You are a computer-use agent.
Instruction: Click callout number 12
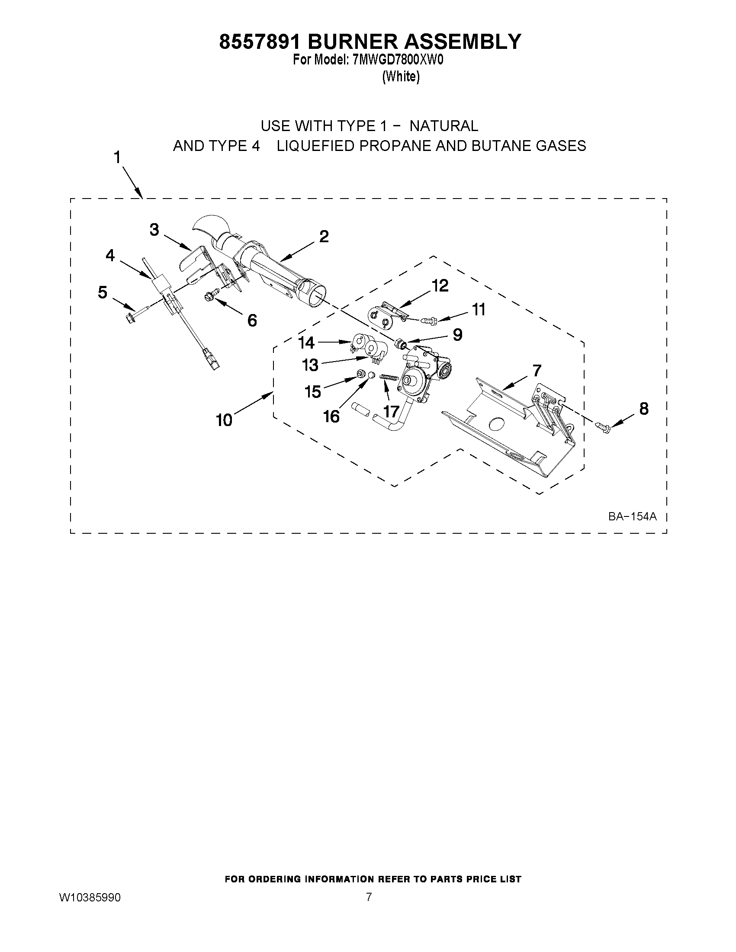[440, 286]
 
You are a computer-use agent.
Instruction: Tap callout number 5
[103, 292]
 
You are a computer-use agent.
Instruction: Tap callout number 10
[224, 420]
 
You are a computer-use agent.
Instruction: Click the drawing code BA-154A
[632, 516]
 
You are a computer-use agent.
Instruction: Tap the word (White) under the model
[401, 77]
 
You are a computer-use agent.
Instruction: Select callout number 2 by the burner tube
[324, 237]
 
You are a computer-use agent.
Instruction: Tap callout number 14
[306, 343]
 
